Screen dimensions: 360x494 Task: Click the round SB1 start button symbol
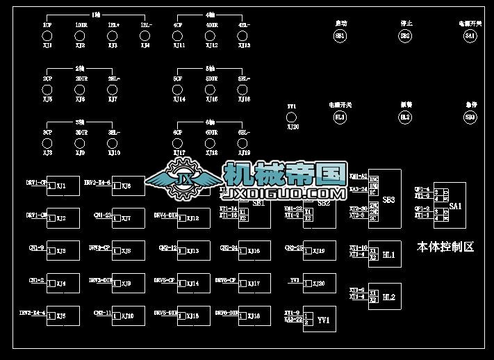coord(340,35)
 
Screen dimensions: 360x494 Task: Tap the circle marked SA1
coord(470,35)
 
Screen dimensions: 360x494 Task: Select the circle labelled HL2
coord(405,117)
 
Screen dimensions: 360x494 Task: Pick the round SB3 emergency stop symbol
coord(470,117)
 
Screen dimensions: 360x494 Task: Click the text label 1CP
coord(47,25)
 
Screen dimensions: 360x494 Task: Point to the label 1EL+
coord(113,25)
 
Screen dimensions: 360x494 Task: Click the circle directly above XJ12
coord(212,35)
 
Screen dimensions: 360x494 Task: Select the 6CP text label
coord(179,132)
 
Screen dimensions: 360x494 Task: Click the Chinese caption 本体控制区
coord(445,247)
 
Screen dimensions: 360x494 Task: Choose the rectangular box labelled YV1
coord(320,320)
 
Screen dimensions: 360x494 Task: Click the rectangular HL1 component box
coord(388,254)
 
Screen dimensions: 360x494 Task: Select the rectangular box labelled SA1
coord(455,206)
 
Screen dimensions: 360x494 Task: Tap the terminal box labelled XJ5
coord(62,316)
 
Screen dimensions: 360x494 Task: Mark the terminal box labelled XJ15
coord(192,316)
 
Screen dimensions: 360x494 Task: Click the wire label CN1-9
coord(38,247)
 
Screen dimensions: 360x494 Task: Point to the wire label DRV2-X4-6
coord(97,182)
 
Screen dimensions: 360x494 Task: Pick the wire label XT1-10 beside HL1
coord(358,247)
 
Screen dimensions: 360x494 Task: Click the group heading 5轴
coord(211,69)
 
